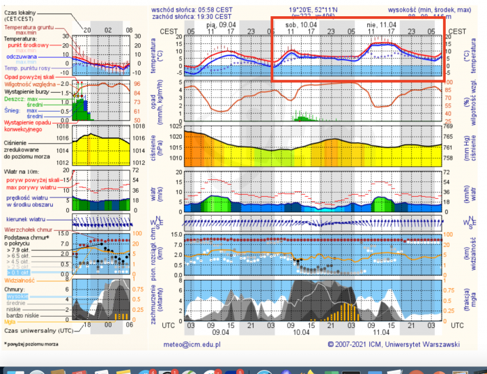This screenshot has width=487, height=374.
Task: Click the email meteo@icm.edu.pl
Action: pos(192,344)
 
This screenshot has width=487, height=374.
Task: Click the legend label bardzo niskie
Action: pos(24,316)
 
